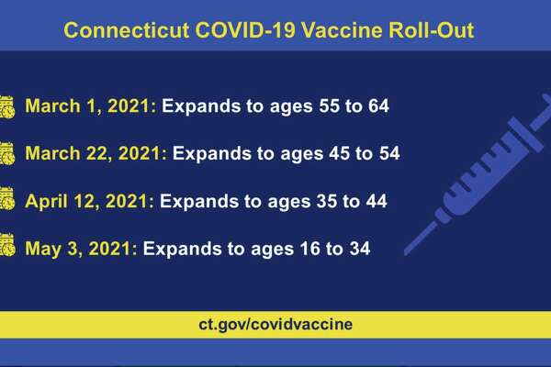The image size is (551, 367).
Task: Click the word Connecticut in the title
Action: tap(127, 30)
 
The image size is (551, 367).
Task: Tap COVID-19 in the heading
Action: tap(245, 30)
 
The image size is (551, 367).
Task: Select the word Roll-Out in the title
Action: tap(432, 30)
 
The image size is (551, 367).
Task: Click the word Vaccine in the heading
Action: tap(342, 30)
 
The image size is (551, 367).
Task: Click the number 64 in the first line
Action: tap(378, 106)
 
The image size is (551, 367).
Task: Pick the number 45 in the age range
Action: tap(340, 153)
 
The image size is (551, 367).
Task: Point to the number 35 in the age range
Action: tap(327, 201)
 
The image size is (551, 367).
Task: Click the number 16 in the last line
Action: tap(310, 249)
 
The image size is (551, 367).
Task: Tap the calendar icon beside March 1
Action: tap(7, 106)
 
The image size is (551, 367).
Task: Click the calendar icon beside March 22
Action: tap(7, 153)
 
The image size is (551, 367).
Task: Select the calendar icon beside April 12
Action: tap(7, 199)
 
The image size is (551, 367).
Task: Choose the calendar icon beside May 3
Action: tap(7, 245)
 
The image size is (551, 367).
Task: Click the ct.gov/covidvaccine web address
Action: tap(275, 324)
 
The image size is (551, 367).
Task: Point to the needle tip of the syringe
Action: tap(406, 253)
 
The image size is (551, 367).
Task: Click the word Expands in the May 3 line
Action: tap(183, 250)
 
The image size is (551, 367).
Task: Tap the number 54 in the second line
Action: tap(389, 153)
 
